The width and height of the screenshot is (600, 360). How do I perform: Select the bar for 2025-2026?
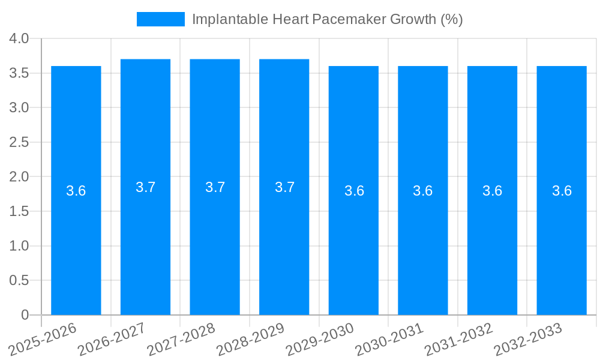pyautogui.click(x=76, y=240)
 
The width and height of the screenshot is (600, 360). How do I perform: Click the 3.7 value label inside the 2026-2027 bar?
pyautogui.click(x=146, y=187)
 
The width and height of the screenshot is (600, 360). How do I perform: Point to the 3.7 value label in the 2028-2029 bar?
pyautogui.click(x=284, y=187)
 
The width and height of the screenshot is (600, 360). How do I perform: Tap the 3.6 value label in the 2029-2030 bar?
pyautogui.click(x=354, y=191)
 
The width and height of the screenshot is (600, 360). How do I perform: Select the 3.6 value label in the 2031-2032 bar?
pyautogui.click(x=493, y=191)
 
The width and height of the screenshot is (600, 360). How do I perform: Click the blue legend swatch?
pyautogui.click(x=160, y=19)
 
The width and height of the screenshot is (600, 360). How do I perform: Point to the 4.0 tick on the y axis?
pyautogui.click(x=19, y=39)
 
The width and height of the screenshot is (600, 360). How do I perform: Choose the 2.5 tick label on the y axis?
pyautogui.click(x=19, y=143)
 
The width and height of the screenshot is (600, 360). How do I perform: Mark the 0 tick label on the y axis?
pyautogui.click(x=25, y=315)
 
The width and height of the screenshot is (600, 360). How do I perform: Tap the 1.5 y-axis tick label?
pyautogui.click(x=19, y=212)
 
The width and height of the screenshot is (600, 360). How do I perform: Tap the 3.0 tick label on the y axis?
pyautogui.click(x=19, y=108)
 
